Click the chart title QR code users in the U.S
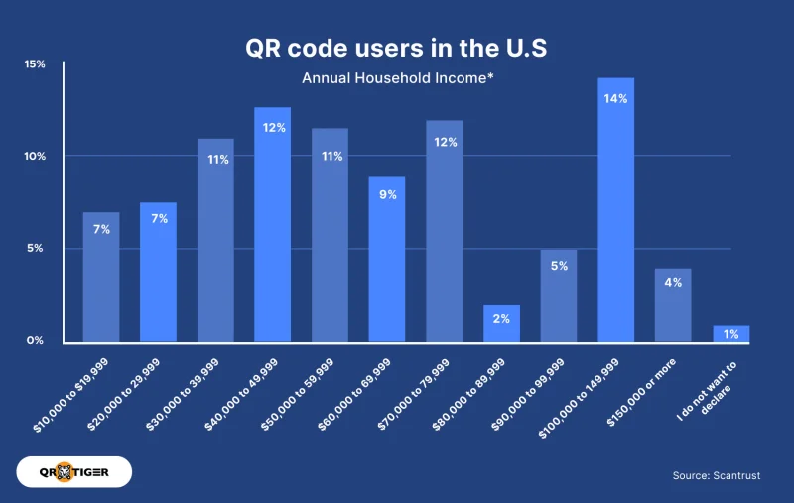(x=396, y=48)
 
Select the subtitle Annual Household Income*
(x=396, y=78)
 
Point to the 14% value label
(x=615, y=98)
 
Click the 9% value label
(x=387, y=195)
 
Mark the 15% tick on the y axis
(x=35, y=64)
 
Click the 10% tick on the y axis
(x=35, y=157)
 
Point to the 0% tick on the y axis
(x=35, y=341)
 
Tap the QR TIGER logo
(x=74, y=472)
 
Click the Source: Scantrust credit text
(x=716, y=476)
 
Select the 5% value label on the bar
(x=559, y=266)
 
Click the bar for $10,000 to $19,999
(x=100, y=278)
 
